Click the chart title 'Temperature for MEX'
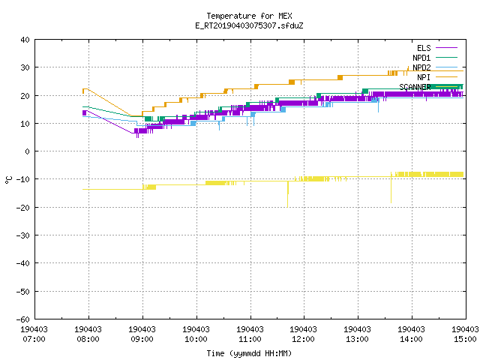point(249,16)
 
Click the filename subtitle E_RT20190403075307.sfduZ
point(249,25)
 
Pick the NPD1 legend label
point(421,58)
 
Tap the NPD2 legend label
point(421,67)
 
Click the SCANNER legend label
point(415,87)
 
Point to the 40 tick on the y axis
point(25,40)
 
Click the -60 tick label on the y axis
point(23,319)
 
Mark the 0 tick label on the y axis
point(28,151)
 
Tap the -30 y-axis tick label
point(23,235)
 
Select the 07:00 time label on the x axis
point(34,339)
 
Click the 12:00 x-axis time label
point(304,339)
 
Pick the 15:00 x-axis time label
point(465,339)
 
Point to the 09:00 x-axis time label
point(142,339)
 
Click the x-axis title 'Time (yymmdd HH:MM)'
point(249,353)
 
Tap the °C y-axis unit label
point(8,180)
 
